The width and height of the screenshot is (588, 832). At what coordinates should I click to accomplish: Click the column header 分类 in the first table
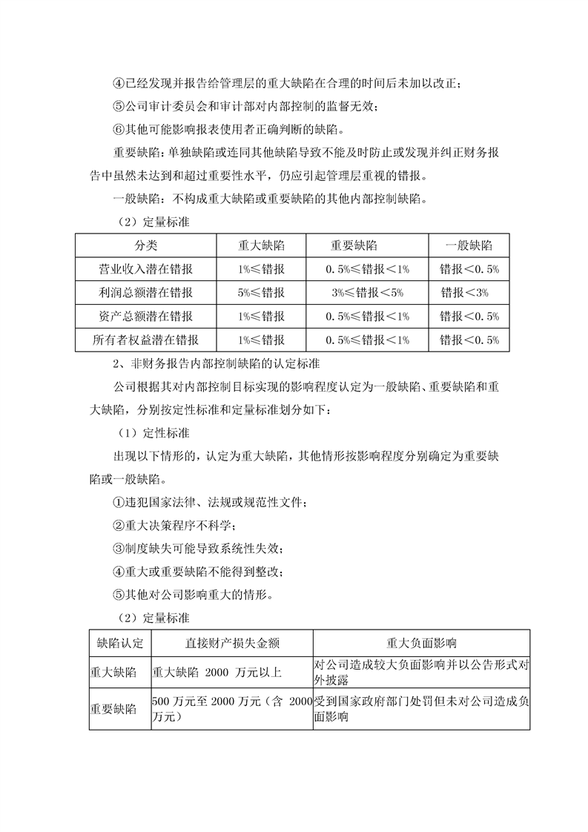tap(145, 245)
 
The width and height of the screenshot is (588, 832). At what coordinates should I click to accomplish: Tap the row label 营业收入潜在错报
tap(145, 268)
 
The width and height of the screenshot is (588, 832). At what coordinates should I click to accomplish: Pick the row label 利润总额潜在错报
tap(145, 292)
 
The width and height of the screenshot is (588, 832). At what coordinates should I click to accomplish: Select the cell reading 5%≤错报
tap(261, 292)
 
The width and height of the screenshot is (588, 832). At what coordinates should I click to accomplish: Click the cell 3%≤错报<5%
tap(368, 292)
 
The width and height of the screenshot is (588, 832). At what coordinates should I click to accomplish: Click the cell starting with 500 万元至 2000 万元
tap(232, 709)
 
